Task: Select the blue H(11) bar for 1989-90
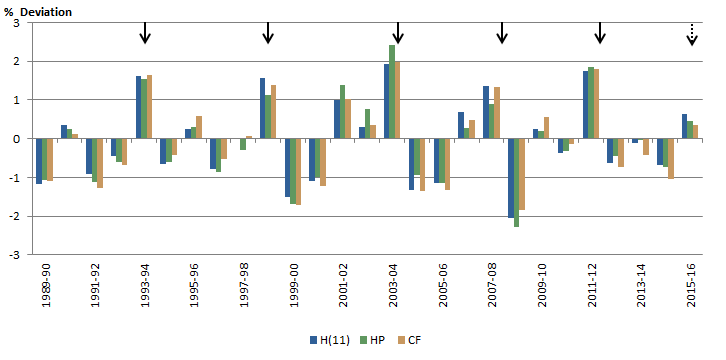coord(39,161)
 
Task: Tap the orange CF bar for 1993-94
coord(149,107)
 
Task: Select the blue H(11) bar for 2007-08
coord(486,112)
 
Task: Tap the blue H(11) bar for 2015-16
coord(684,127)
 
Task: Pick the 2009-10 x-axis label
coord(542,286)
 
